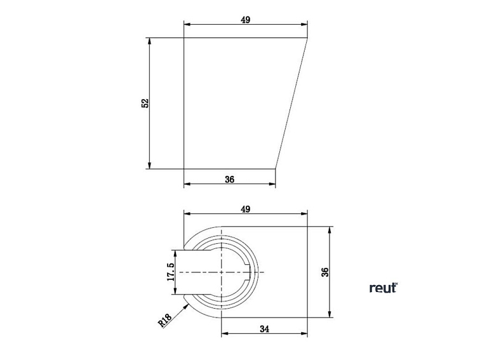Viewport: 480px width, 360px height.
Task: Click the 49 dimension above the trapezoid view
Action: coord(246,20)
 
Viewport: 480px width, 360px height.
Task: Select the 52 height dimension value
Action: coord(145,103)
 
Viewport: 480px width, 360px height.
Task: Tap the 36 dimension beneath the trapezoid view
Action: coord(230,180)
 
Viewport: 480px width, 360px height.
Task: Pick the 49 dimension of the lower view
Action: coord(246,209)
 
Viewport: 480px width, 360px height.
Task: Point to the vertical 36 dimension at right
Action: coord(324,272)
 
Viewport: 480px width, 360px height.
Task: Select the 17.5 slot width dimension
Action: coord(170,272)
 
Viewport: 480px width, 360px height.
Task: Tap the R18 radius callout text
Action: coord(164,320)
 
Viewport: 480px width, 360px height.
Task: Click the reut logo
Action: coord(383,288)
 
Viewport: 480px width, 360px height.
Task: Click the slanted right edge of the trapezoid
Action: coord(292,103)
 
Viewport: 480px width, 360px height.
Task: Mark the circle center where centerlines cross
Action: coord(221,272)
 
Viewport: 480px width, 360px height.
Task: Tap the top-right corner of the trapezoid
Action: coord(308,38)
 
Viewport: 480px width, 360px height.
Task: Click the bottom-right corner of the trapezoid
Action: coord(276,169)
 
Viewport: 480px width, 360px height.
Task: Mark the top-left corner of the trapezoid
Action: coord(184,38)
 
